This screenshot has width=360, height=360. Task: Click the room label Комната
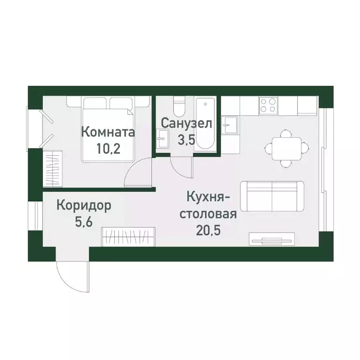pos(108,132)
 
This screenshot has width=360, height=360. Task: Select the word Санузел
pos(187,123)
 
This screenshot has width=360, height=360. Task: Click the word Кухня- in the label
pos(207,197)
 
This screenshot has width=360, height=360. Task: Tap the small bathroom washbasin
pos(163,136)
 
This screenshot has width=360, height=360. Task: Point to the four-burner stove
pos(269,105)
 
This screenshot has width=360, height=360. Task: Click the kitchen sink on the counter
pos(230,124)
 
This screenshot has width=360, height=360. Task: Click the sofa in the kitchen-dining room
pos(272,195)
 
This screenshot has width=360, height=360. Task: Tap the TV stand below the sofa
pos(271,239)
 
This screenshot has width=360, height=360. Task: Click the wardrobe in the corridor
pos(128,236)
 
